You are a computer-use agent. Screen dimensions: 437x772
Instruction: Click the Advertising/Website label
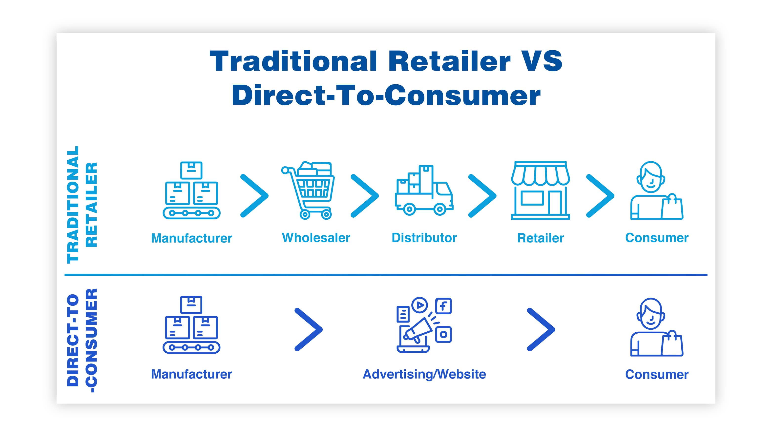424,374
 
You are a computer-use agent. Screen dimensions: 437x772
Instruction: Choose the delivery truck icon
424,190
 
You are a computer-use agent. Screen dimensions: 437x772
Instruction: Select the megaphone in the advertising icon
418,330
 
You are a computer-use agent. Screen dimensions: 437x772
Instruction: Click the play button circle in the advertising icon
420,305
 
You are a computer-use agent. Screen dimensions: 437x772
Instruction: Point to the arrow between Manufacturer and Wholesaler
254,196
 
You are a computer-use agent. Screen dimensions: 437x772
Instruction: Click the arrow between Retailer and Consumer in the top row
600,196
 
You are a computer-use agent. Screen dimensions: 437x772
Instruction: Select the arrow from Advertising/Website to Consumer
541,329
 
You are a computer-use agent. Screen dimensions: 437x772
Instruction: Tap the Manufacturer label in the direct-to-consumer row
191,374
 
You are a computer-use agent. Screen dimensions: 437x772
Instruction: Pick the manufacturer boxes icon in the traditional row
191,190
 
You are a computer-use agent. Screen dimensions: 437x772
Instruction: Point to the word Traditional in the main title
293,61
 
